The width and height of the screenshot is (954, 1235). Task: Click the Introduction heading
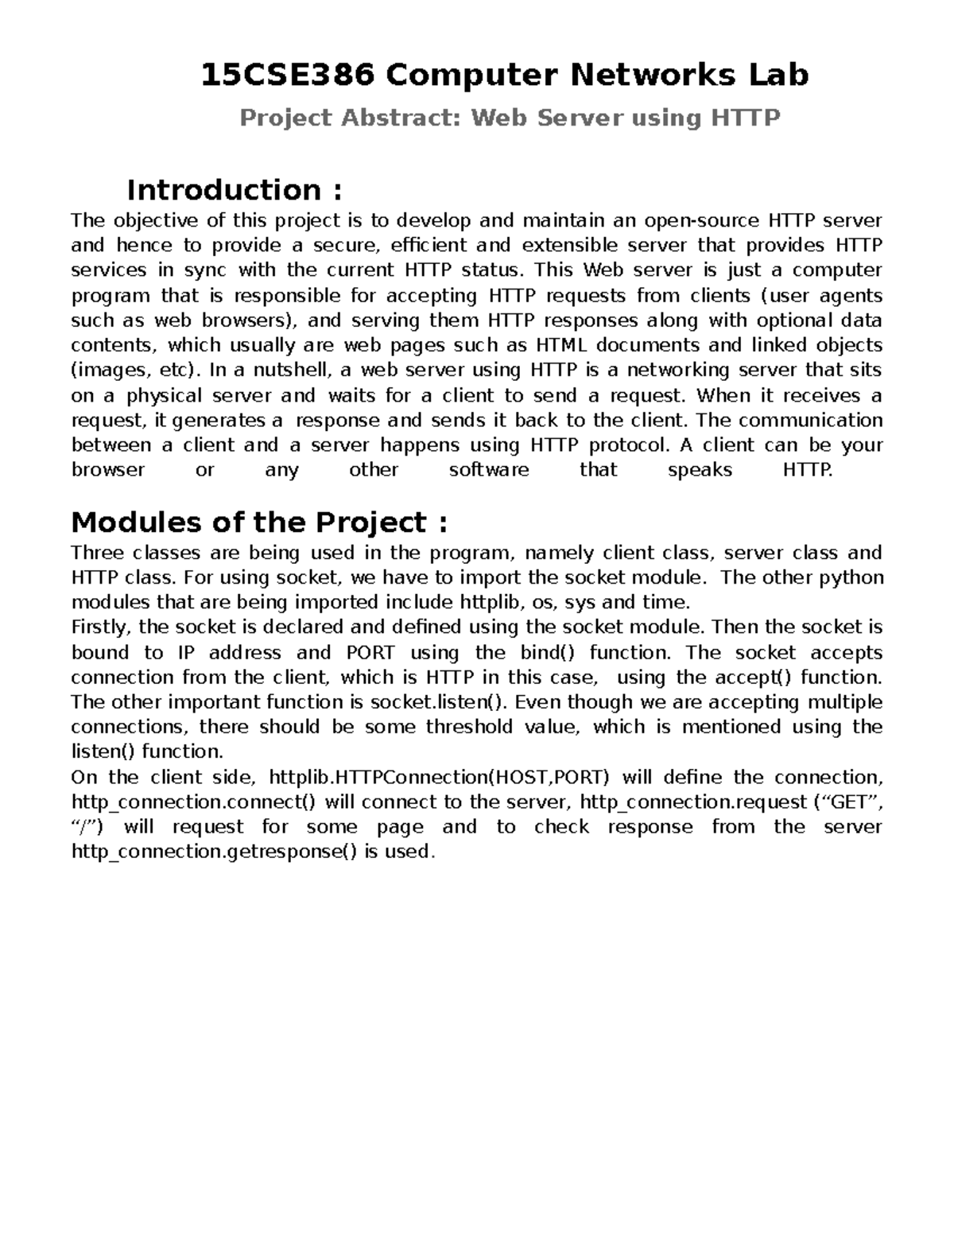(235, 191)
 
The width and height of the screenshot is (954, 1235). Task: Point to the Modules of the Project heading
(259, 522)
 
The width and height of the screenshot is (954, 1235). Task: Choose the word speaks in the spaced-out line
(700, 470)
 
